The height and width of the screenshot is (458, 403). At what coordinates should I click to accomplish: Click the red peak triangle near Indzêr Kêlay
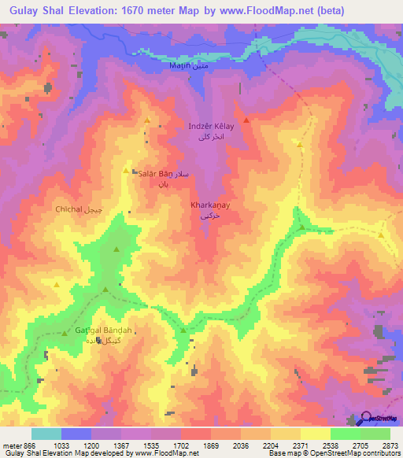coord(246,120)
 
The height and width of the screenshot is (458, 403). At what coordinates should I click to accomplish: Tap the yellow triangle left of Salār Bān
coord(126,170)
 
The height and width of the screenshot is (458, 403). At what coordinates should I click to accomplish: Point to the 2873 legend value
coord(391,445)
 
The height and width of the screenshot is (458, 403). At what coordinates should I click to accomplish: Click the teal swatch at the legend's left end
coord(46,434)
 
